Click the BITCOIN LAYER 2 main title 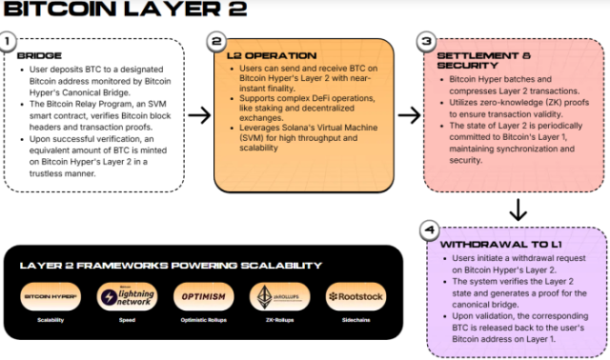point(123,10)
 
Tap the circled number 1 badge point(8,42)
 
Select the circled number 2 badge point(217,42)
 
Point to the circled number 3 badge point(426,42)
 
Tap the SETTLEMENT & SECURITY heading point(475,62)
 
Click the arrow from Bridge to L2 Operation point(200,116)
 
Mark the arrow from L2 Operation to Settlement point(409,116)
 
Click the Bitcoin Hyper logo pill point(51,297)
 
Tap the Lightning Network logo point(127,297)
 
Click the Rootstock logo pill point(356,297)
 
